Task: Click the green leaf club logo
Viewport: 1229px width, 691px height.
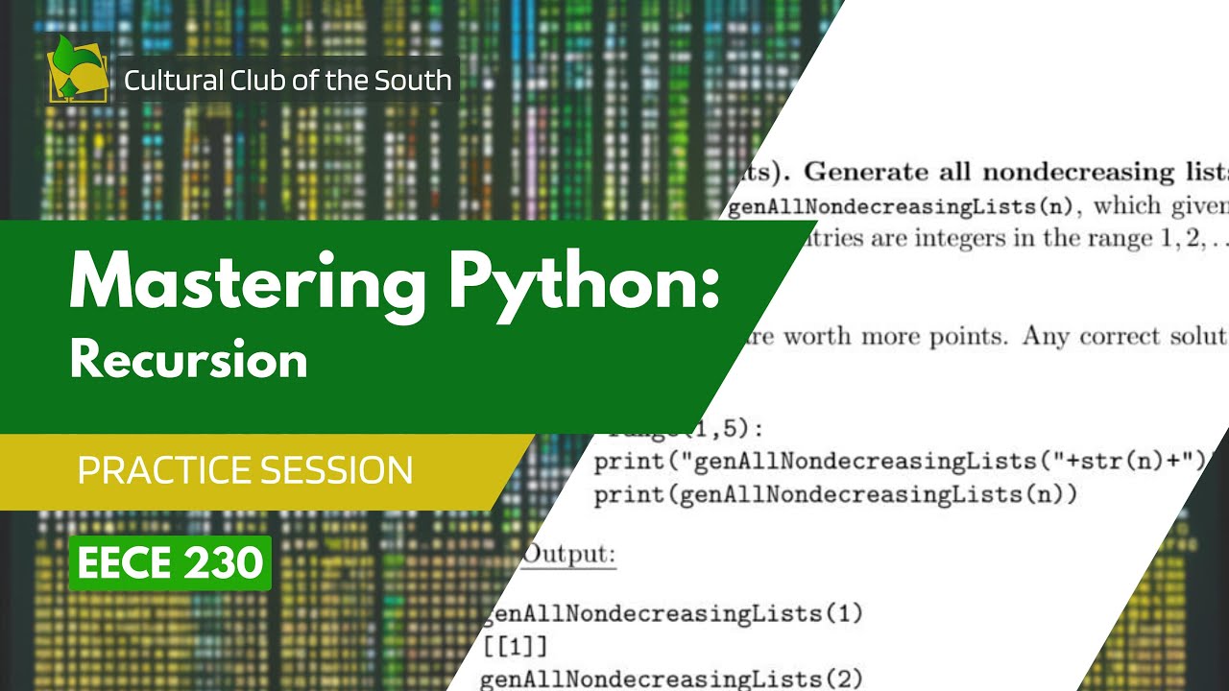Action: [77, 69]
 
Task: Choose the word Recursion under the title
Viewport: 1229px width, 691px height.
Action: [188, 360]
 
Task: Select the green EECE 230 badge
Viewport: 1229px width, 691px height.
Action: [170, 563]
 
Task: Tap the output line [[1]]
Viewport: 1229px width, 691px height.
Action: [514, 645]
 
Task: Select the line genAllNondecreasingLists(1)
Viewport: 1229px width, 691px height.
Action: [671, 612]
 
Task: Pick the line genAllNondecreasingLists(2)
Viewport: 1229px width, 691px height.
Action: [671, 679]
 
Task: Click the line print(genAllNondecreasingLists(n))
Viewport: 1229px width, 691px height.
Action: [835, 495]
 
